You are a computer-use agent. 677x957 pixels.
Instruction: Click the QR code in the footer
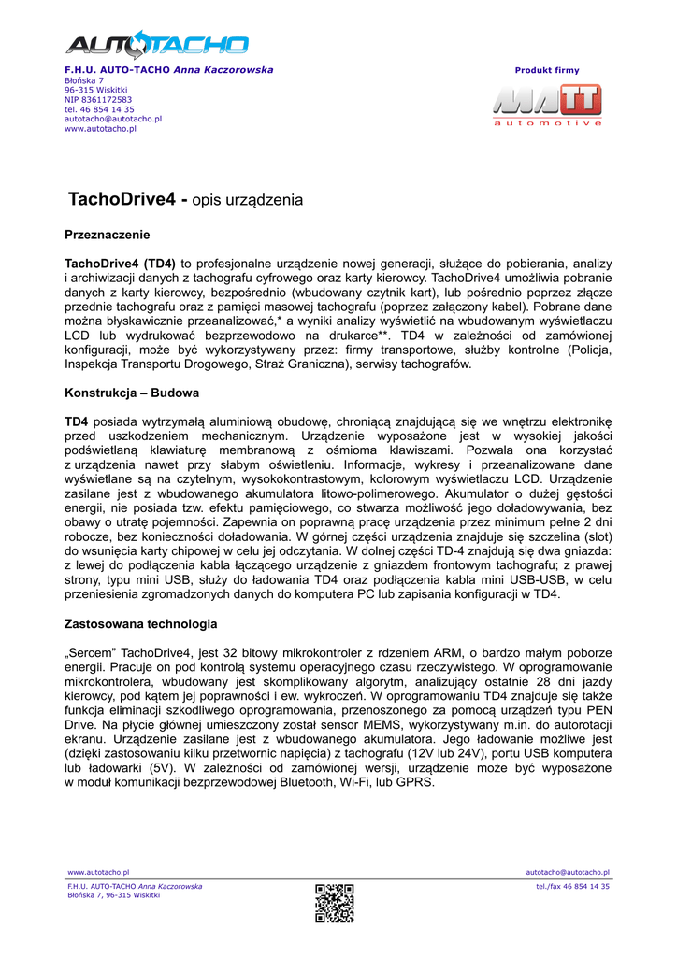[334, 903]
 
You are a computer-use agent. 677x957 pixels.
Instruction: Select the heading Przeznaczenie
[107, 234]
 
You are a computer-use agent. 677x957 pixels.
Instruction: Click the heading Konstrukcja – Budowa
[131, 393]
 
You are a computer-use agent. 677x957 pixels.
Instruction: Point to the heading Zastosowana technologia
[140, 623]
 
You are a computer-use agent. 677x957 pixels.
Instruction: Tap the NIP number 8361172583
[97, 99]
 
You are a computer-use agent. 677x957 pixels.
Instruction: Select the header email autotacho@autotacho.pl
[112, 119]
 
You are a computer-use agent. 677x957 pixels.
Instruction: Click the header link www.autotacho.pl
[100, 129]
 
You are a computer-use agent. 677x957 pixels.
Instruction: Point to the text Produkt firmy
[547, 70]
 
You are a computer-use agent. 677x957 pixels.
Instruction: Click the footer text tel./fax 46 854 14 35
[572, 886]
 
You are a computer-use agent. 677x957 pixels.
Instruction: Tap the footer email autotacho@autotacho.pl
[568, 872]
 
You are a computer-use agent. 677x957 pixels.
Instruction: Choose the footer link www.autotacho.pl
[98, 872]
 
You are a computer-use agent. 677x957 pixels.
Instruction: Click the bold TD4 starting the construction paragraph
[76, 421]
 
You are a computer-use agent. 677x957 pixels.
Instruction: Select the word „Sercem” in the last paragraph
[91, 652]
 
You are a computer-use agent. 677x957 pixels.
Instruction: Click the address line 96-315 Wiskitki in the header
[95, 90]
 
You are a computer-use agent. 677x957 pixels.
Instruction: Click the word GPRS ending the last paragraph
[415, 782]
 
